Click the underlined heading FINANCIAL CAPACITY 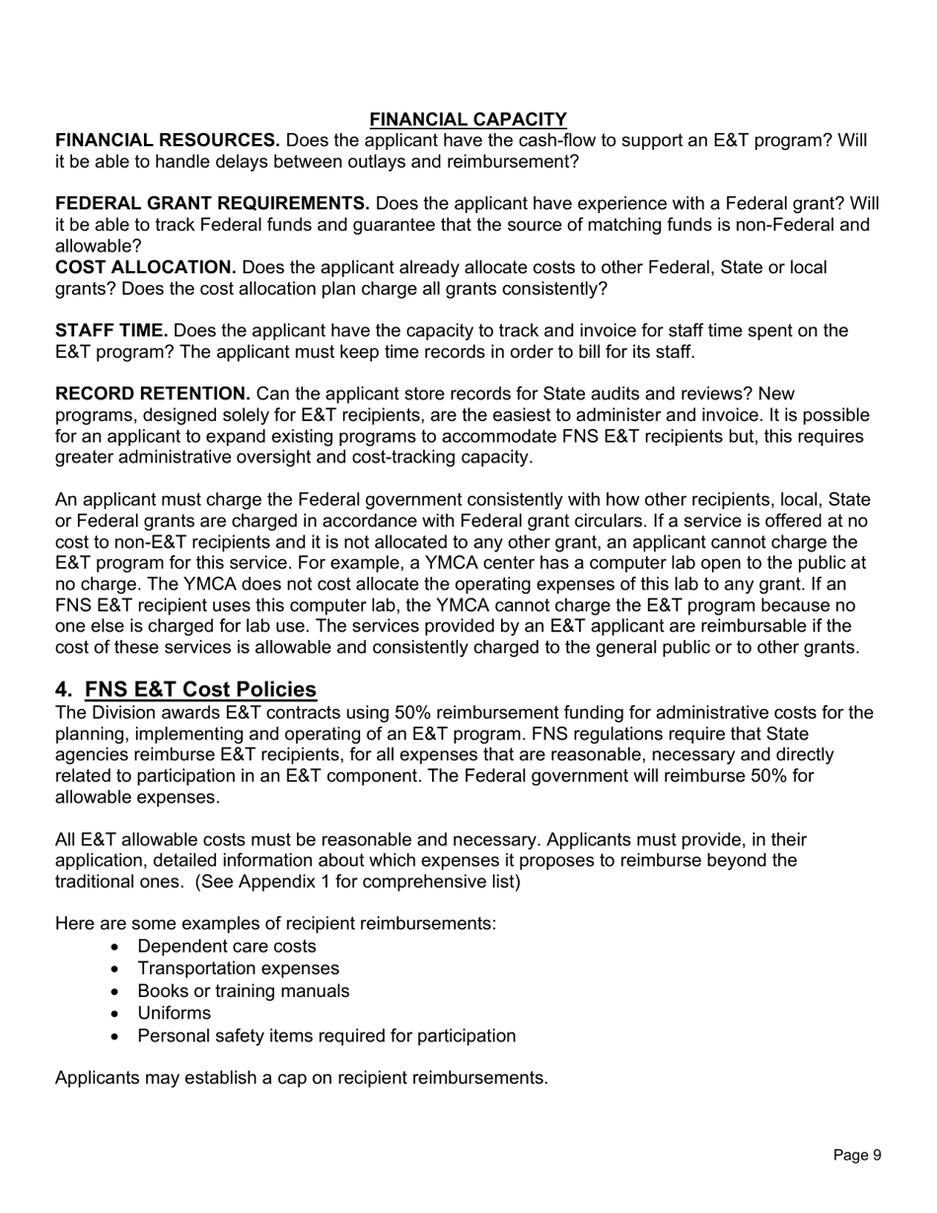pos(468,119)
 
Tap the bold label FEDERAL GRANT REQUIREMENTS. pos(212,203)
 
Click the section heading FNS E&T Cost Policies pos(201,689)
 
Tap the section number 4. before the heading pos(64,689)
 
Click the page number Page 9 pos(856,1155)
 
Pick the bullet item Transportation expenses pos(238,968)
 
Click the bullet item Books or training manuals pos(243,991)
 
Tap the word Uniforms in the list pos(174,1013)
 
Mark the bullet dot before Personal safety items pos(117,1036)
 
